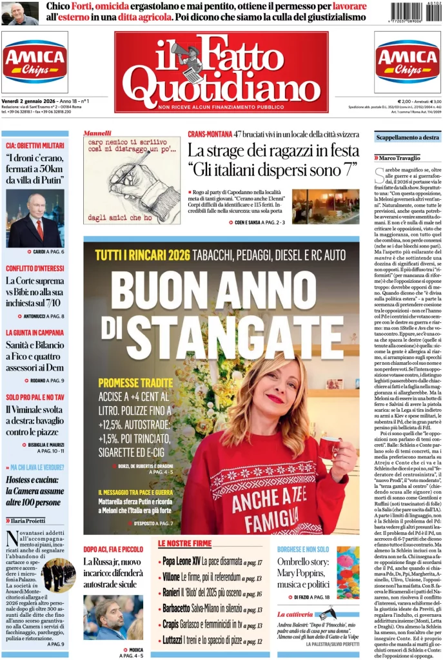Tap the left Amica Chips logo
pyautogui.click(x=35, y=62)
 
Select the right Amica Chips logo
pyautogui.click(x=408, y=62)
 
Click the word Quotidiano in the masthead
pyautogui.click(x=221, y=83)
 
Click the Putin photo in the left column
pyautogui.click(x=35, y=218)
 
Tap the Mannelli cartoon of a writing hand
pyautogui.click(x=132, y=180)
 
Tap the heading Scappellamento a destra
pyautogui.click(x=408, y=137)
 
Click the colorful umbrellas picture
pyautogui.click(x=348, y=573)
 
